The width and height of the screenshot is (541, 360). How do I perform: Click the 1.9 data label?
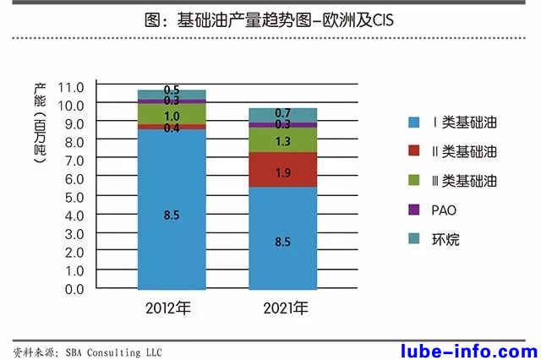pos(283,172)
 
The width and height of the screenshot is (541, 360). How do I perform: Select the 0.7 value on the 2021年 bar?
pos(283,113)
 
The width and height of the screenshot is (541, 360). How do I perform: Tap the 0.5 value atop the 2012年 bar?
pos(172,90)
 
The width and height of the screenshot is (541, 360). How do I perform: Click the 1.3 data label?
pos(283,142)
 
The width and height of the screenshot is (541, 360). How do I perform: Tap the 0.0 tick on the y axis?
pos(74,288)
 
